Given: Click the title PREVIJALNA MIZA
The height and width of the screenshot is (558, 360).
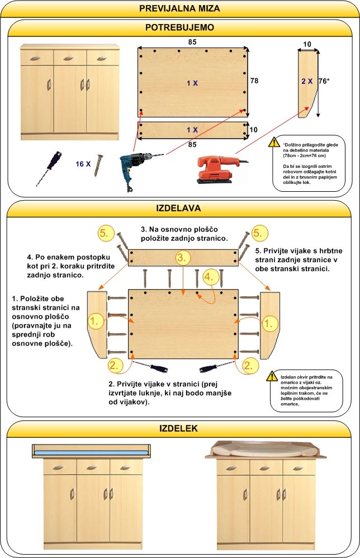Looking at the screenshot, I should [x=179, y=8].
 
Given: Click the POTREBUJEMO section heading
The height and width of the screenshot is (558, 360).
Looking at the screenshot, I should [x=179, y=27].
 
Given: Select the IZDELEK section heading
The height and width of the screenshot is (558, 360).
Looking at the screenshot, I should [x=179, y=429].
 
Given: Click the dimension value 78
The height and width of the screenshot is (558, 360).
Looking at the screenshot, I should [x=254, y=81].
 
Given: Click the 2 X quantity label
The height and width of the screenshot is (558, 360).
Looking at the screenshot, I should [x=307, y=81].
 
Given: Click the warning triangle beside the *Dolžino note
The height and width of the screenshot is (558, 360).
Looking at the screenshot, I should [x=274, y=142].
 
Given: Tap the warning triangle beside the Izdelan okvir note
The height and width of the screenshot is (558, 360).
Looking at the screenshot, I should [x=273, y=376].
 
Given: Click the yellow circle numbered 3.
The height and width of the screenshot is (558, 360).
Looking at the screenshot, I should [x=183, y=258].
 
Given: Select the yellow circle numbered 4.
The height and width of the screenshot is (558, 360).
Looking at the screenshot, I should [x=209, y=277].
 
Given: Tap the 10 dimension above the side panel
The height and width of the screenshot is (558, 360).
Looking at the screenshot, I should [x=307, y=44].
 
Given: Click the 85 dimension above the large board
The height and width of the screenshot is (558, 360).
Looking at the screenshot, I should [x=192, y=41].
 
